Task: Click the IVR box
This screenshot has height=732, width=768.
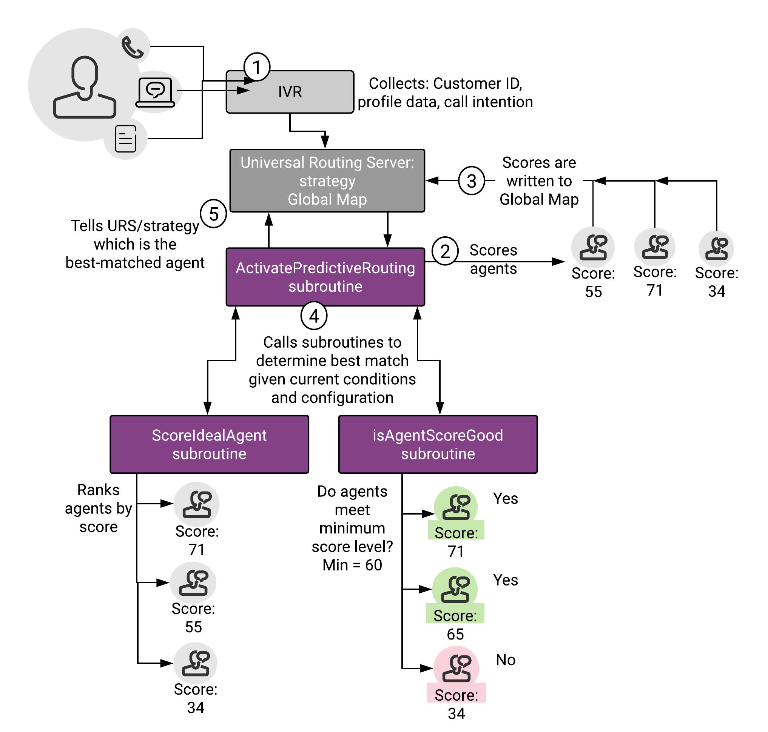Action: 290,92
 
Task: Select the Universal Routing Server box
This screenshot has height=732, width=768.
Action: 327,181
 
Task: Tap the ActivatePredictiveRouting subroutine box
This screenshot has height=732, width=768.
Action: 325,277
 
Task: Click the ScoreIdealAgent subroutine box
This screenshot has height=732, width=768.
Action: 209,444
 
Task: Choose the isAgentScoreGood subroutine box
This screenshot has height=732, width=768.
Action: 438,444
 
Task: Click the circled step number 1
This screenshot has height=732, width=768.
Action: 257,67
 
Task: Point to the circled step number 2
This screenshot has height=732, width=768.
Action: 445,251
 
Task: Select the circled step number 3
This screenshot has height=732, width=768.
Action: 472,181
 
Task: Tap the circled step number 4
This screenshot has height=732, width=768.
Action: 314,316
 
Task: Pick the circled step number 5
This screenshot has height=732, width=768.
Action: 213,214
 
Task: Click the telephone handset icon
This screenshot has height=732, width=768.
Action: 132,47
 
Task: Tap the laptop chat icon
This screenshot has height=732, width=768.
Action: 155,92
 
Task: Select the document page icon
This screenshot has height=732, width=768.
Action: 126,139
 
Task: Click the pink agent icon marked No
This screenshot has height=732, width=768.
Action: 456,667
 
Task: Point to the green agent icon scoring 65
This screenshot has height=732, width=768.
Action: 455,589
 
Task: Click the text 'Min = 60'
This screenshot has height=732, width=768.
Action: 352,565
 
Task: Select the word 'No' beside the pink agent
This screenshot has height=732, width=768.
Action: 505,660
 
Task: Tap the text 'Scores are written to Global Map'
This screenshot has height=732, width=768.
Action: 538,181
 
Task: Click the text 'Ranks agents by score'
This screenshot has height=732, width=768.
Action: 98,509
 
